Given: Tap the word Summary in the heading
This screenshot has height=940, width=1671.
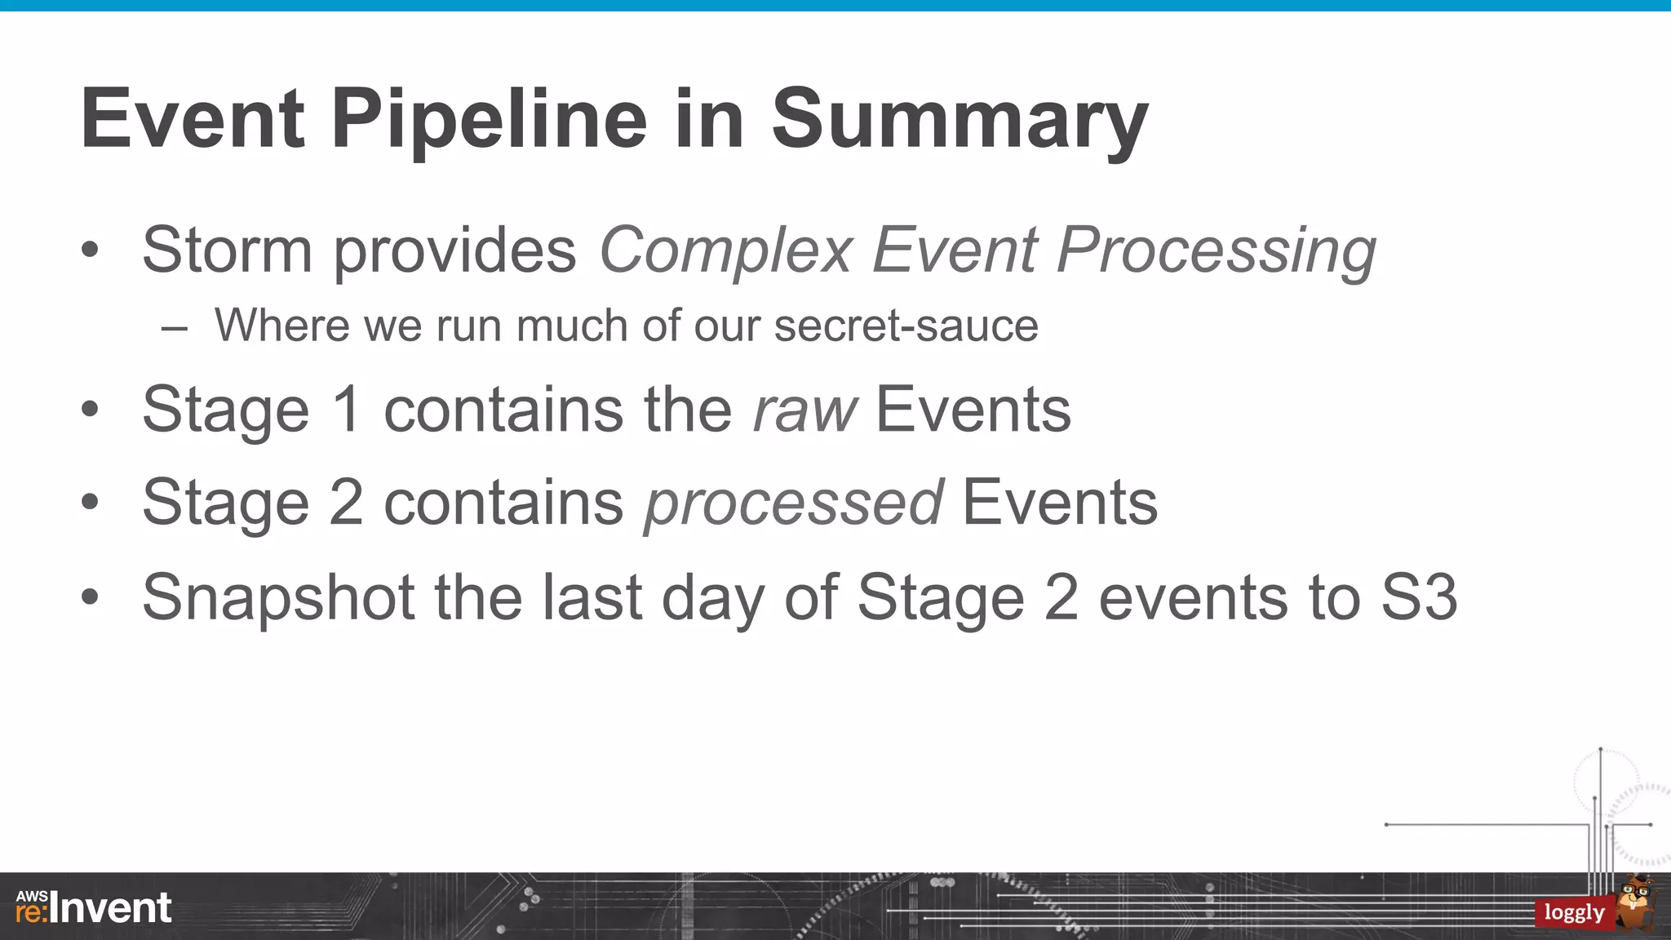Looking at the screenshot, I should pyautogui.click(x=960, y=121).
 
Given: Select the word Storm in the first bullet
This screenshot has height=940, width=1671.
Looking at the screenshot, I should pyautogui.click(x=227, y=250).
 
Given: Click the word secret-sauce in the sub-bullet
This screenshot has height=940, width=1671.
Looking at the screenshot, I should pyautogui.click(x=906, y=326).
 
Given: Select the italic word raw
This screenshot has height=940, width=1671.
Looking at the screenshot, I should pyautogui.click(x=804, y=410).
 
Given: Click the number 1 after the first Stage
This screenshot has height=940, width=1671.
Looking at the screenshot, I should pyautogui.click(x=347, y=410).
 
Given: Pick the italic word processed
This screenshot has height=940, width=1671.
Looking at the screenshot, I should pyautogui.click(x=793, y=503).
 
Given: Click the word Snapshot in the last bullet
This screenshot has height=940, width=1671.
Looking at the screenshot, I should pyautogui.click(x=278, y=598).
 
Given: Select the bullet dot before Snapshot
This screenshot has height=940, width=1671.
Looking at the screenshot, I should pyautogui.click(x=90, y=597).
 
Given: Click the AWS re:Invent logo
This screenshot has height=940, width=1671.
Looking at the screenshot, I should pyautogui.click(x=94, y=907).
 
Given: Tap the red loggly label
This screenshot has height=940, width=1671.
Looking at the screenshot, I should pyautogui.click(x=1574, y=912).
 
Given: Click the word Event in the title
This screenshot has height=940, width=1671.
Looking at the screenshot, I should pyautogui.click(x=193, y=121).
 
